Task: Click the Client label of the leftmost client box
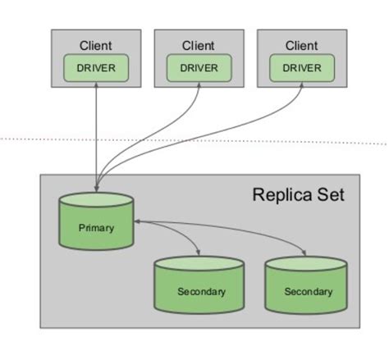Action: (97, 46)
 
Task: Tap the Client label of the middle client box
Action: (199, 46)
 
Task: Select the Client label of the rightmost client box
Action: (301, 46)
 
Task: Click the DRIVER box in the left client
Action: (97, 67)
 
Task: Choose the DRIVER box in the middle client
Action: (199, 67)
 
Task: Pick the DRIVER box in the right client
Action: (301, 67)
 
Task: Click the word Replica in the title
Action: (277, 195)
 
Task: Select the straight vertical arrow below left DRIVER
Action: (97, 131)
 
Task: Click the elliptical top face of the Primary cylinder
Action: (97, 198)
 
